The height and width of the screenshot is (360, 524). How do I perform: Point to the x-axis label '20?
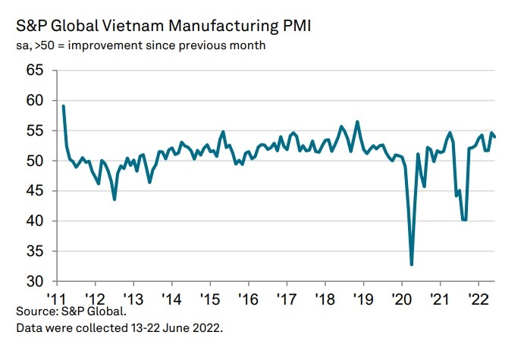coord(401,298)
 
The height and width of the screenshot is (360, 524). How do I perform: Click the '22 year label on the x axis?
coord(478,298)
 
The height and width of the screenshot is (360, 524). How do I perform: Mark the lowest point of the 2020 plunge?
coord(412,265)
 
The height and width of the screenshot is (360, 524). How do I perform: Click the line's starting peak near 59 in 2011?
coord(63,106)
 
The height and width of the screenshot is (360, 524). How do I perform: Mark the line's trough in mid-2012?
coord(115,199)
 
